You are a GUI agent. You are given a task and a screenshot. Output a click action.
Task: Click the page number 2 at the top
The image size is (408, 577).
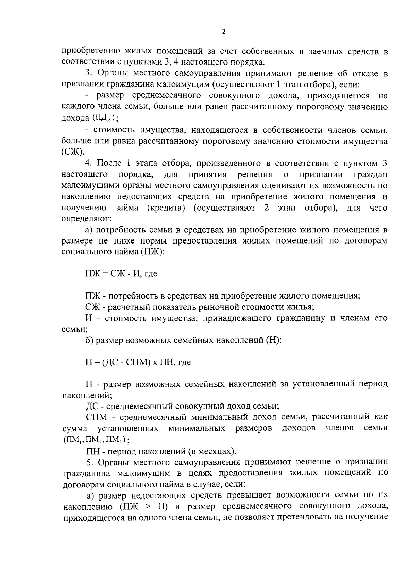[223, 32]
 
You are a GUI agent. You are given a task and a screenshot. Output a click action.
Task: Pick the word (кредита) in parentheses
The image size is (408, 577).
[166, 208]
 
